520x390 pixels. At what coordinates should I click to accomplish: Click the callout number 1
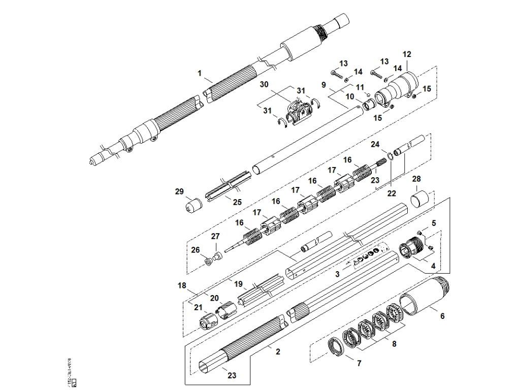click(x=200, y=74)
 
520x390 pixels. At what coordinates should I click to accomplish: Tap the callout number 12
click(x=407, y=54)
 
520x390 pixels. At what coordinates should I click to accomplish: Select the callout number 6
click(x=442, y=316)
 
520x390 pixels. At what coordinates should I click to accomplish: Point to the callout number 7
click(x=359, y=364)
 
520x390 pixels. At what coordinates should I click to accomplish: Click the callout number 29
click(x=179, y=191)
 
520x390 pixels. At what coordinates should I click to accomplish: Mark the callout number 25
click(x=237, y=202)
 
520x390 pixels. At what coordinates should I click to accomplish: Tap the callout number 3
click(x=337, y=274)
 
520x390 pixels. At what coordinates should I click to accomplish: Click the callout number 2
click(x=278, y=351)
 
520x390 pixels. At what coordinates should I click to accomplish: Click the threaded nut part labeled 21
click(x=206, y=320)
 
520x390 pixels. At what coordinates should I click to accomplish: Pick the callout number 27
click(x=215, y=236)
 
